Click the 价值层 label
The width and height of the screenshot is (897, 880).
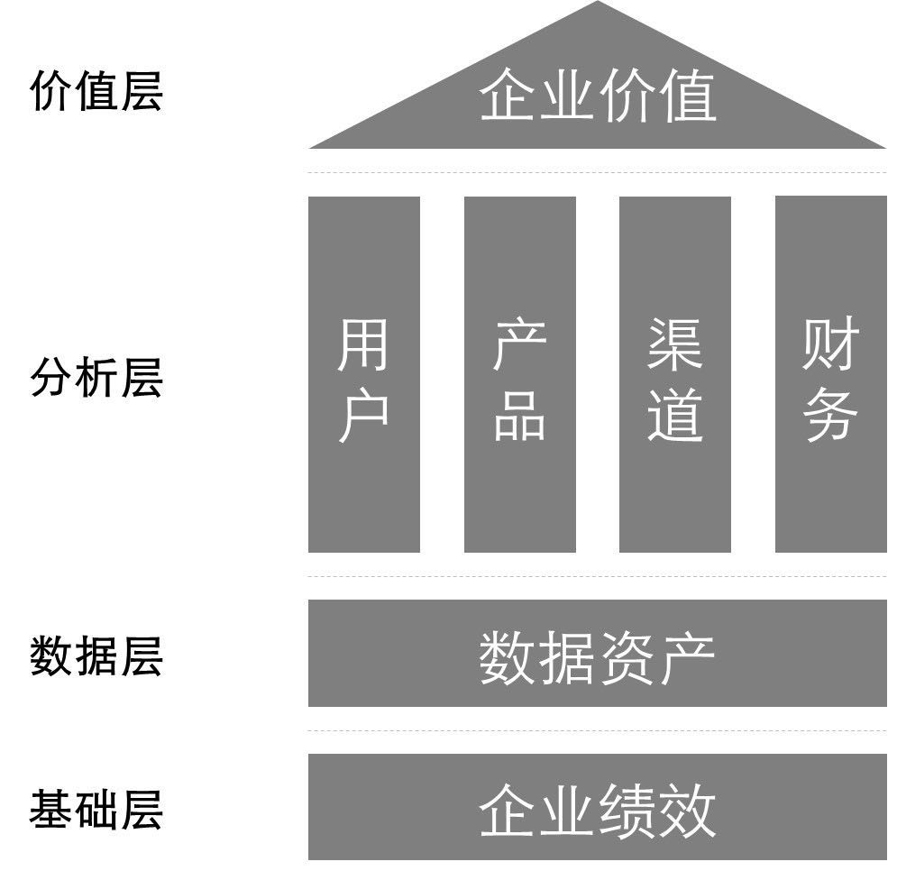coord(96,92)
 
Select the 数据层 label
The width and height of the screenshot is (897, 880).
coord(96,655)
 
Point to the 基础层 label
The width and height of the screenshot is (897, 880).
coord(96,809)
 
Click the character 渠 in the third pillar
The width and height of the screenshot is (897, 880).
coord(674,345)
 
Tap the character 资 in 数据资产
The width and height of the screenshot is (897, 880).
coord(627,657)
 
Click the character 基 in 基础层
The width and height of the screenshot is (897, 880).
coord(51,809)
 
